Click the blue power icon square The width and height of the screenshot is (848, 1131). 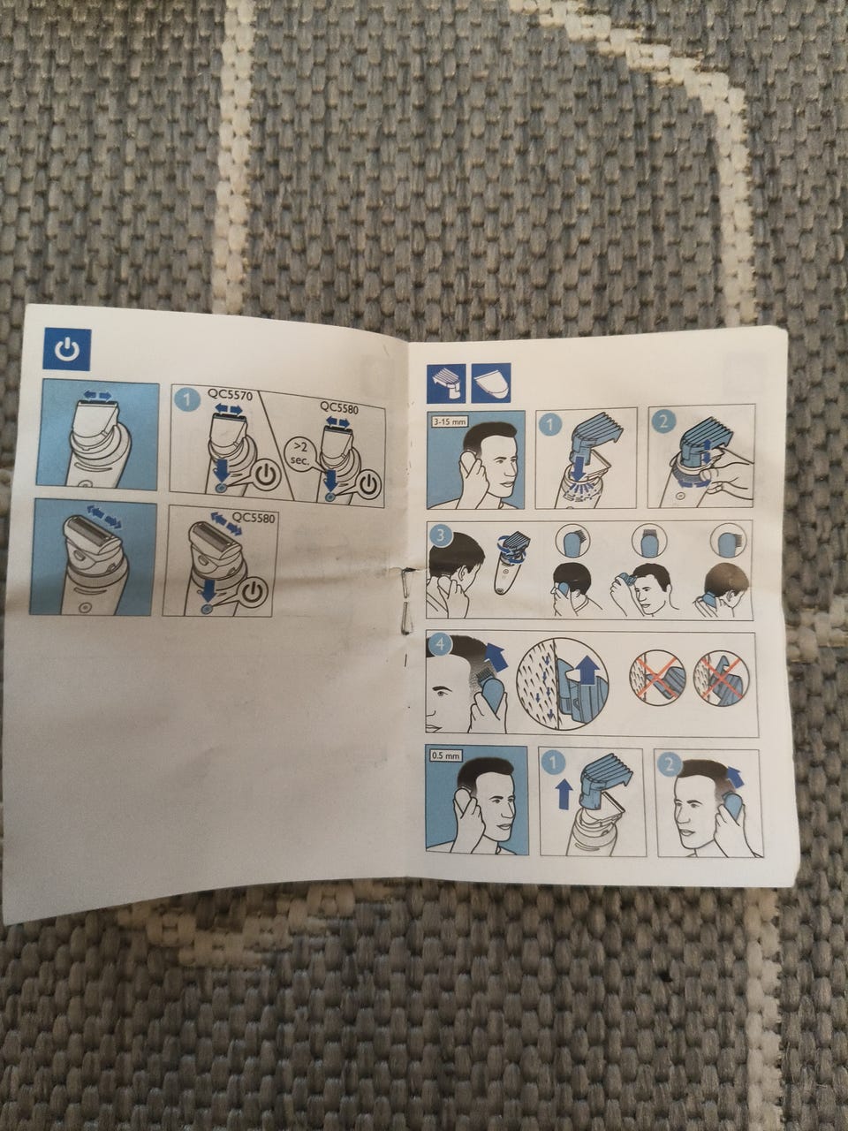pos(67,350)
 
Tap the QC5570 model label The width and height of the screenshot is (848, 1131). pos(230,394)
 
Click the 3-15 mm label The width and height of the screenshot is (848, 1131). pos(450,421)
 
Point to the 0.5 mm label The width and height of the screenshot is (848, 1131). pos(445,755)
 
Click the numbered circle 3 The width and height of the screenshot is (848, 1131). pos(440,536)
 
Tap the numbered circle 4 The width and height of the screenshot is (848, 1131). pos(439,645)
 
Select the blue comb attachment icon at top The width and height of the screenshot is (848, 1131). pos(446,383)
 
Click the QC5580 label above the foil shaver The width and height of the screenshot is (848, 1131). pos(254,517)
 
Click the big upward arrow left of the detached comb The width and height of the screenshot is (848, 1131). pos(564,793)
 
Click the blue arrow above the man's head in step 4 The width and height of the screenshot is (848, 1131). pos(496,656)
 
